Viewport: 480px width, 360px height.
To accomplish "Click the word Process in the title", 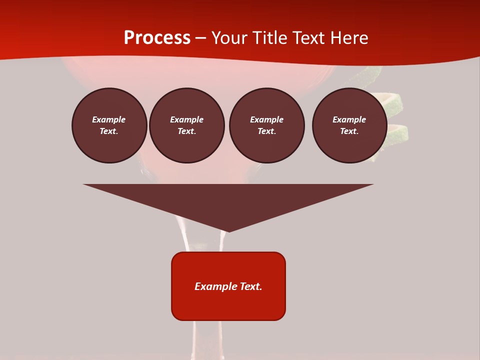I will pos(157,37).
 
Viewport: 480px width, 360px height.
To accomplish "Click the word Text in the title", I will pos(311,38).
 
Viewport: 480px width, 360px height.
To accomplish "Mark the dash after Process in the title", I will pos(201,38).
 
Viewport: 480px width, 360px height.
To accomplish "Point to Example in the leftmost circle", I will pos(109,119).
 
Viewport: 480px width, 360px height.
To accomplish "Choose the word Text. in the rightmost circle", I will pos(349,131).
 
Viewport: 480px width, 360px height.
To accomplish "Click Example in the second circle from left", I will pos(186,119).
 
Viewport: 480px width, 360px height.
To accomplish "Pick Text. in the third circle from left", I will pos(266,131).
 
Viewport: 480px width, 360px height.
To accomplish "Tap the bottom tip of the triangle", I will pos(228,230).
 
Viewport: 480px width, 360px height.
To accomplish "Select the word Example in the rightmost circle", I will pos(349,119).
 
